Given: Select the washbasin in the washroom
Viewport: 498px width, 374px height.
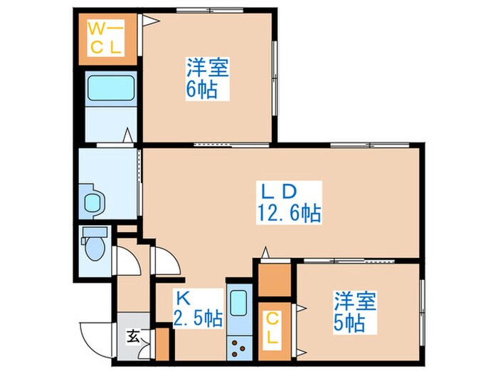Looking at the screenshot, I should [94, 202].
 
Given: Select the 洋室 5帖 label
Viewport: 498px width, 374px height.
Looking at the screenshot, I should [353, 312].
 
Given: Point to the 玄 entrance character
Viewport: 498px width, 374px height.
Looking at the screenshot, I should [133, 336].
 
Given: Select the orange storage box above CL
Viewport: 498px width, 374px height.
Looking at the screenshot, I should [274, 280].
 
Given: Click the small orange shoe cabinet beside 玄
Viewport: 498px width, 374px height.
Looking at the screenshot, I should [161, 343].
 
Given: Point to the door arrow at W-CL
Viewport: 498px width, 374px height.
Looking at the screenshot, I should [150, 21].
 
